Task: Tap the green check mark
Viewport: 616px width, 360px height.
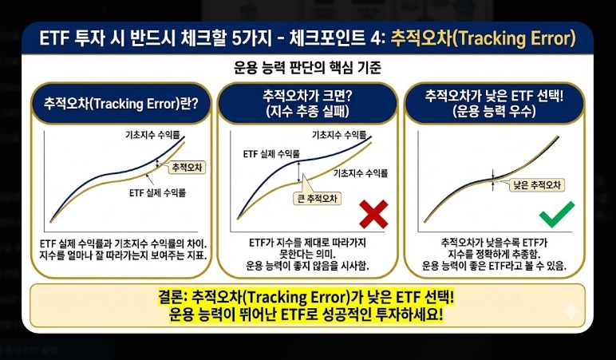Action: coord(555,215)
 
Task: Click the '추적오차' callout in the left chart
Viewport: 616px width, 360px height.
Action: coord(188,167)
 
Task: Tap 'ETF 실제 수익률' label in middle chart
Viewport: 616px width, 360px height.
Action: coord(270,153)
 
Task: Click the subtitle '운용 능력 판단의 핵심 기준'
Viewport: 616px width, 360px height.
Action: coord(307,68)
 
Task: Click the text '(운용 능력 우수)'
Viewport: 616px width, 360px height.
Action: coord(495,111)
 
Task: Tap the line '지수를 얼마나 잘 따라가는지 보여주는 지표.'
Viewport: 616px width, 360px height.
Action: coord(121,255)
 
